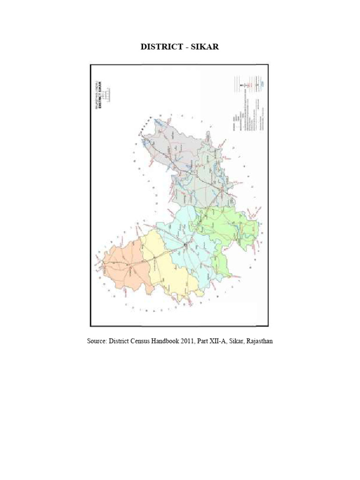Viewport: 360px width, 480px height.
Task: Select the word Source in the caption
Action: click(97, 341)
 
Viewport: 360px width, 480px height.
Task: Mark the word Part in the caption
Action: click(214, 341)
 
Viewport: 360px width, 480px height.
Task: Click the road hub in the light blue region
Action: click(186, 245)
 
